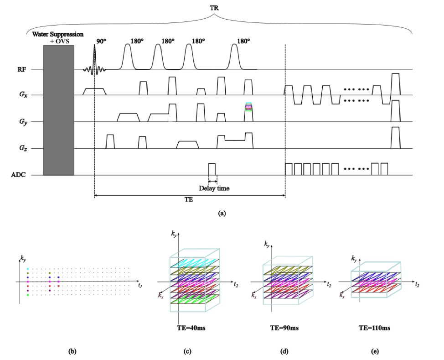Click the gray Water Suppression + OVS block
[x=58, y=110]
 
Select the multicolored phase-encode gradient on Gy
[x=248, y=108]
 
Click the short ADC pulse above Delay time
[x=212, y=169]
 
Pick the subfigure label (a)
[x=222, y=213]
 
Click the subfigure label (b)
[x=72, y=351]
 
